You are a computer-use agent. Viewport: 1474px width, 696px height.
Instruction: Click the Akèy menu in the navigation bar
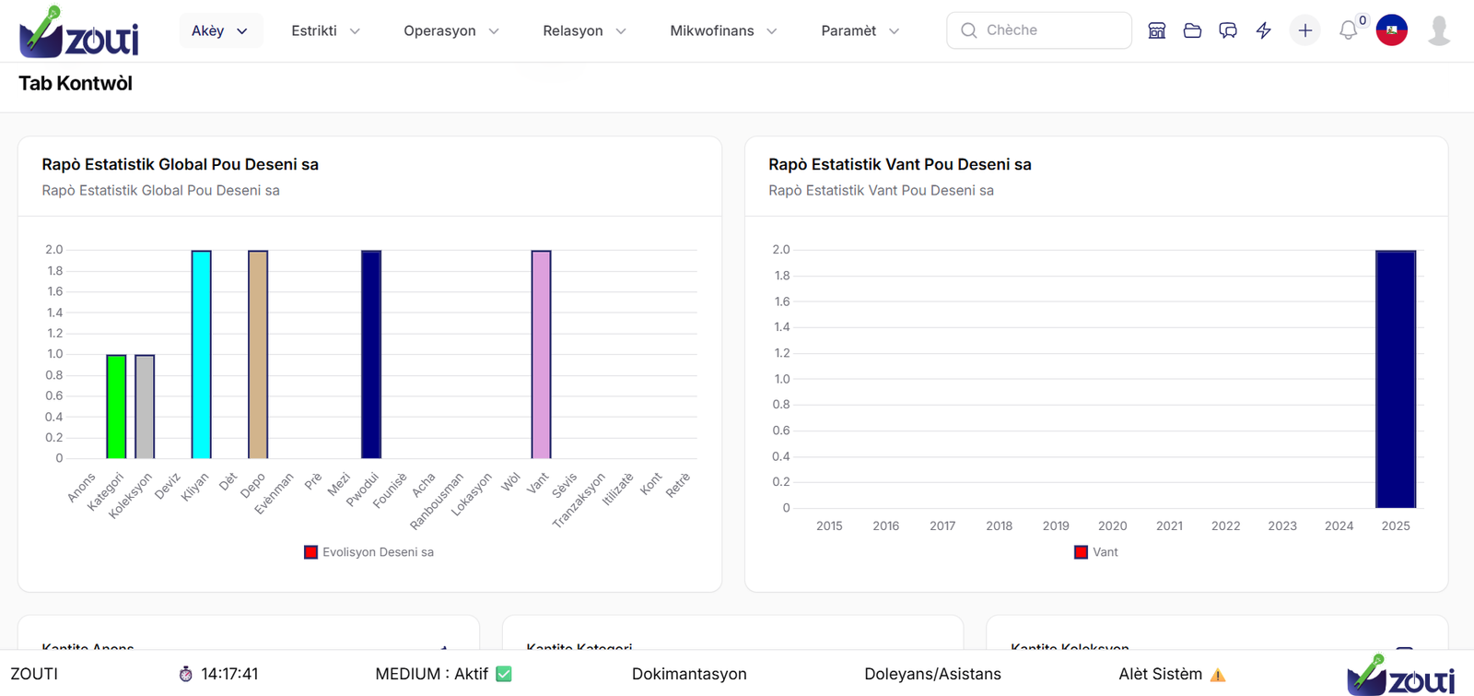[219, 30]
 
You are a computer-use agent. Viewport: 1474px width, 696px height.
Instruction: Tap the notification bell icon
[1348, 30]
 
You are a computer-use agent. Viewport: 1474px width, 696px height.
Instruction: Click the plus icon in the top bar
[1304, 30]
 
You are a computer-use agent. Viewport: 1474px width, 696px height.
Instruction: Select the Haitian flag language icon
[1391, 30]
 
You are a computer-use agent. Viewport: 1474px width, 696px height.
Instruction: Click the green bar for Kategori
[116, 407]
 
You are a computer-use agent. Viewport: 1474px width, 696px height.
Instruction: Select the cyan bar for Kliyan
[201, 355]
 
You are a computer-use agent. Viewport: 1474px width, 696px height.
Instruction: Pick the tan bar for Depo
[258, 355]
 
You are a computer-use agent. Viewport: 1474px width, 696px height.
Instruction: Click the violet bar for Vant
[541, 355]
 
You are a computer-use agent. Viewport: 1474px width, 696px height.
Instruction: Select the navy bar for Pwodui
[371, 355]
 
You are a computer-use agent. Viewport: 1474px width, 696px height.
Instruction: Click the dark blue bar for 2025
[1396, 379]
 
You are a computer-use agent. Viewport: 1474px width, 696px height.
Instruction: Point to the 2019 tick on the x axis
[1056, 525]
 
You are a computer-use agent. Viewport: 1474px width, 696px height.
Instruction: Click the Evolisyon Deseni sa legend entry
[368, 552]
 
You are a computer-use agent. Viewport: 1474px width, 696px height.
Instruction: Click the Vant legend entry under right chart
[1096, 552]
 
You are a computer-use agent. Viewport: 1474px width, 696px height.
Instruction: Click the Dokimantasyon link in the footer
[689, 674]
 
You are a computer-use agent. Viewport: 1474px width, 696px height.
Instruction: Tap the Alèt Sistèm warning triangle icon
[1218, 675]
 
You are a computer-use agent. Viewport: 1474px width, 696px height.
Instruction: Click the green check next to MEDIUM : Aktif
[504, 674]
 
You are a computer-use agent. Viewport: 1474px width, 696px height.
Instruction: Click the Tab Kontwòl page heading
[76, 84]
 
